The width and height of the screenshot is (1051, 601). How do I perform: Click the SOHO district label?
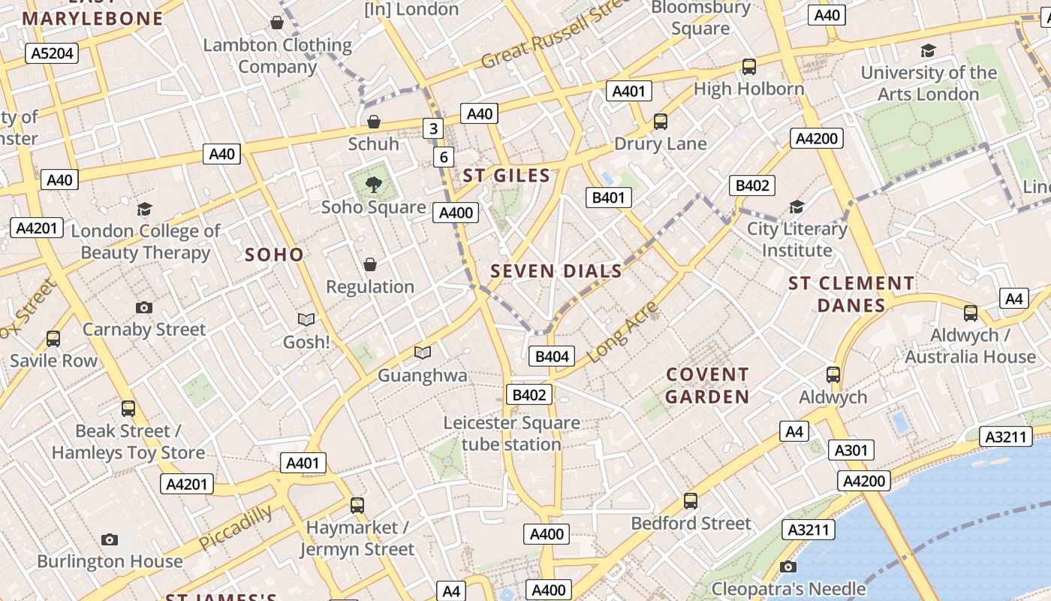tap(274, 255)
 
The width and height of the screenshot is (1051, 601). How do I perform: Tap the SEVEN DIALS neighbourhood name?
tap(556, 271)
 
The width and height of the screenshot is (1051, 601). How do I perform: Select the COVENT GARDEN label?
tap(707, 385)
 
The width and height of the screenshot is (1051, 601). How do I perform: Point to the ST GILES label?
tap(506, 176)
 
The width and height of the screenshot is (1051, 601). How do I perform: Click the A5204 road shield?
tap(52, 53)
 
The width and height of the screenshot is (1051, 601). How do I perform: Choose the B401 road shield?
tap(608, 198)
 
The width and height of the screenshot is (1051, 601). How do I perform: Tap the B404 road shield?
tap(552, 356)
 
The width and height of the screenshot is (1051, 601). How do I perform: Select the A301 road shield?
tap(851, 450)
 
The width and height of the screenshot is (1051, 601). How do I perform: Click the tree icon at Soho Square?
tap(372, 184)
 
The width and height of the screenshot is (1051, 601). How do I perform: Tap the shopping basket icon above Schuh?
tap(374, 121)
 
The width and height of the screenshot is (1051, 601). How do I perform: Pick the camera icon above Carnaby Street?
tap(143, 307)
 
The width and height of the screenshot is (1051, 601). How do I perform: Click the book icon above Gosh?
tap(306, 319)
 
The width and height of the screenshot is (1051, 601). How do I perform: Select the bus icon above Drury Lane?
tap(661, 121)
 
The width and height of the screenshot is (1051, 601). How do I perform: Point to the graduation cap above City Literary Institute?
tap(797, 207)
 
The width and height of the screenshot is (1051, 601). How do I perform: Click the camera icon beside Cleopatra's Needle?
tap(787, 566)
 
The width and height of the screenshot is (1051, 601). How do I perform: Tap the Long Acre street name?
tap(622, 332)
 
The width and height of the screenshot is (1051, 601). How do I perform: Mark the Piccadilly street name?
tap(236, 527)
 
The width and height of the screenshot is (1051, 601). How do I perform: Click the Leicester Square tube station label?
tap(511, 433)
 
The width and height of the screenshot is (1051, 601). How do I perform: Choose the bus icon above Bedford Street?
tap(691, 500)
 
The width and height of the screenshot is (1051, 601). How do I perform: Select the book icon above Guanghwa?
tap(423, 352)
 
